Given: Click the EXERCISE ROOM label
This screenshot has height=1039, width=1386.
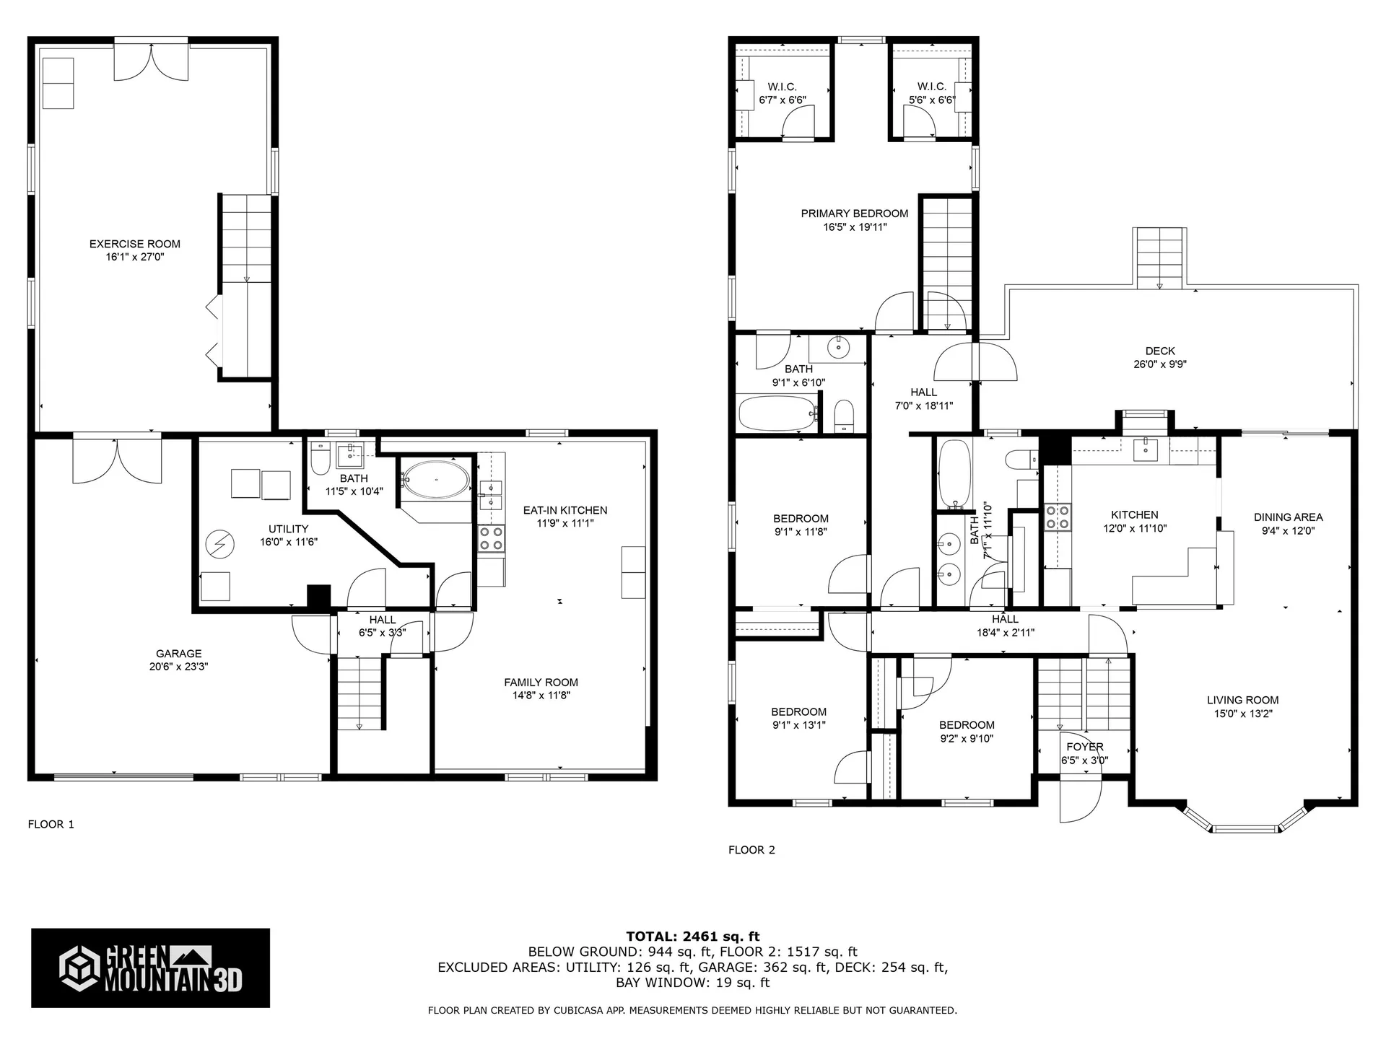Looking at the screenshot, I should [134, 244].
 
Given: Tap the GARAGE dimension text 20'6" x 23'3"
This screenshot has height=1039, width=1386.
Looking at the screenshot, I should [178, 667].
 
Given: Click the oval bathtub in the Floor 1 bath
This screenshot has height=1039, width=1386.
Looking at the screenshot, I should [435, 479].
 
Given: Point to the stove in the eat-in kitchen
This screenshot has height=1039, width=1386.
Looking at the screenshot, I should [492, 539].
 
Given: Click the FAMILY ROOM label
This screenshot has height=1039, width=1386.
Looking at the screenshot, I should [541, 682].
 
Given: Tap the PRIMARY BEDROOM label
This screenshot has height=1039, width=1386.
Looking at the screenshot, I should [854, 214].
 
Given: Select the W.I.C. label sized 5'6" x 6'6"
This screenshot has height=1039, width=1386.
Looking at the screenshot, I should [931, 87].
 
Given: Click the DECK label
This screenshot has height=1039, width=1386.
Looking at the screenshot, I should [1159, 351].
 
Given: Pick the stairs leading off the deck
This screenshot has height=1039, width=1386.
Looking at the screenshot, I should [1160, 258].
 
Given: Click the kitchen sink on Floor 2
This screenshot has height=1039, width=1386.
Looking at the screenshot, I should [1145, 450].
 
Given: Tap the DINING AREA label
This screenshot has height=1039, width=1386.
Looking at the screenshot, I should [1288, 517].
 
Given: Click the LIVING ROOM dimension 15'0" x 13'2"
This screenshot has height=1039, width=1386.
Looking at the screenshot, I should [1242, 714].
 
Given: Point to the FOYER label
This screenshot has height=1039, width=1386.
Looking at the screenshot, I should [1084, 747].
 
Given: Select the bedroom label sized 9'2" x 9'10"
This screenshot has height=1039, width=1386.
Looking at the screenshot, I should [967, 725].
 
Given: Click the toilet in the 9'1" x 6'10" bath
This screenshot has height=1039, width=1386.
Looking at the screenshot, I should [844, 417].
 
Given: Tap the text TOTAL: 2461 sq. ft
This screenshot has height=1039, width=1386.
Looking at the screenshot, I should [692, 937].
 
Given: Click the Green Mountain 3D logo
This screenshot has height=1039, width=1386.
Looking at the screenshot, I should [150, 968].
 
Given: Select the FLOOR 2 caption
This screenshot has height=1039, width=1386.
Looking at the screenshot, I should [751, 850].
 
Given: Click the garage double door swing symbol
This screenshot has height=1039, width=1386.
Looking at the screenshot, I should [116, 462].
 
